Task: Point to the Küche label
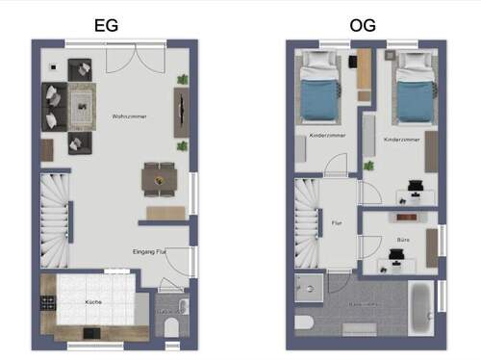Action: [x=93, y=303]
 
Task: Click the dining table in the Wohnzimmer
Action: [x=158, y=178]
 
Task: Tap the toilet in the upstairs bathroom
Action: [x=305, y=323]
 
